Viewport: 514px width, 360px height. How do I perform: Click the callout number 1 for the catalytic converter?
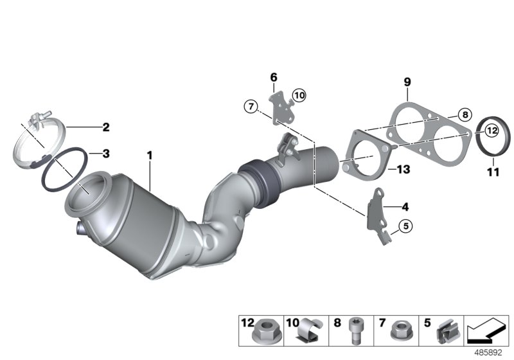tap(149, 156)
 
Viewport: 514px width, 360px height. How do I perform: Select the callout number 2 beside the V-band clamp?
tap(105, 127)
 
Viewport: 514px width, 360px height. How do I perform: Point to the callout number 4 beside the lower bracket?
tap(405, 207)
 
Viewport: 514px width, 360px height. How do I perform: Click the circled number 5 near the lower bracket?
tap(405, 226)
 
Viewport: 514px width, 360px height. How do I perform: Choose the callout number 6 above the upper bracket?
tap(273, 77)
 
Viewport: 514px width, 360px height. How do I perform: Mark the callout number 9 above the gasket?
tap(407, 82)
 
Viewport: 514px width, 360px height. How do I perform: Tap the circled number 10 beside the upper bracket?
tap(298, 96)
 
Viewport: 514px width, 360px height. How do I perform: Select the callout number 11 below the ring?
tap(492, 171)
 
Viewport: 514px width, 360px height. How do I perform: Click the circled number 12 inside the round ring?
tap(492, 130)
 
